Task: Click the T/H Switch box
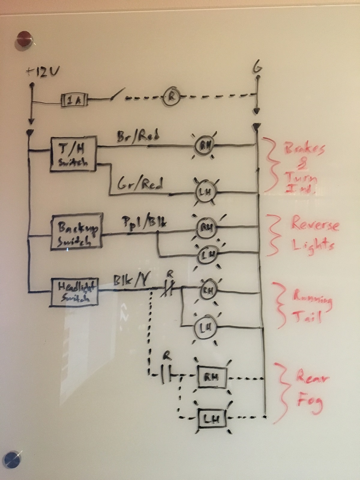click(x=73, y=154)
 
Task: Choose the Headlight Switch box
click(x=75, y=292)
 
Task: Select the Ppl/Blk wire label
click(x=144, y=223)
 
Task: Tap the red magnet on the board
click(x=25, y=38)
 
